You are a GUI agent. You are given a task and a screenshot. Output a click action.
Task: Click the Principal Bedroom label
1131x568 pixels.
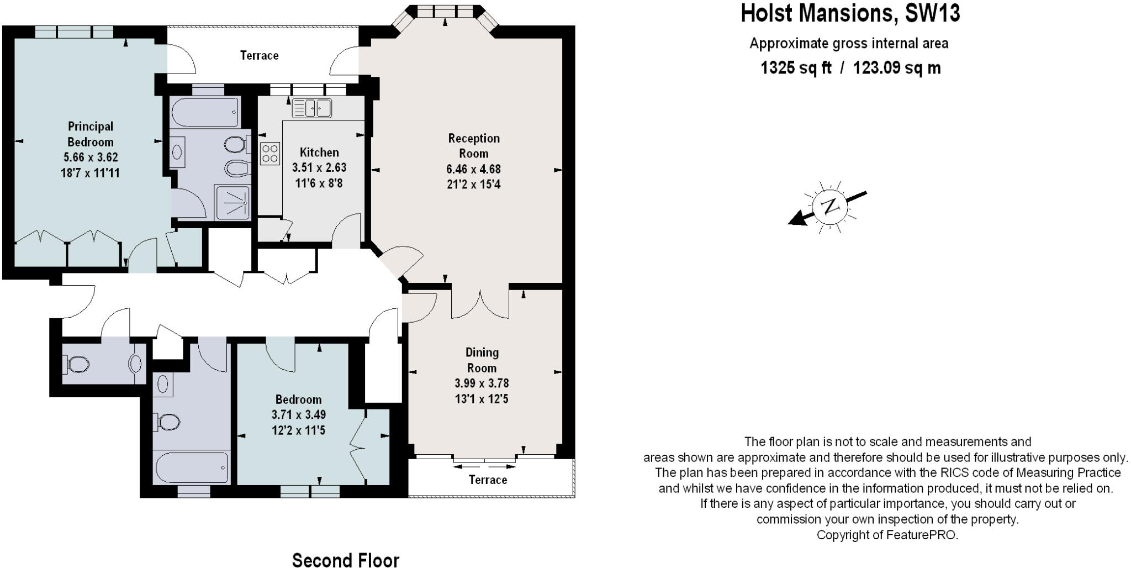tap(91, 134)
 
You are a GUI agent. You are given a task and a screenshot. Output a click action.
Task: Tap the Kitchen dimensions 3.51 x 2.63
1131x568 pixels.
tap(319, 167)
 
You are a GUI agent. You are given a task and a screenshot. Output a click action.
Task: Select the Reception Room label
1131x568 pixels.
tap(473, 146)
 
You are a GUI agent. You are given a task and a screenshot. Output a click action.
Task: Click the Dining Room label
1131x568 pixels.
tap(482, 360)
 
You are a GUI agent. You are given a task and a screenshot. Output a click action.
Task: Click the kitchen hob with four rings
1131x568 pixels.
tap(270, 153)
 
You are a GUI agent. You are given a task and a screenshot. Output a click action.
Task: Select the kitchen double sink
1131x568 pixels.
tap(311, 108)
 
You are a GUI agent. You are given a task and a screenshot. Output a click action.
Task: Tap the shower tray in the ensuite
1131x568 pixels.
tap(232, 203)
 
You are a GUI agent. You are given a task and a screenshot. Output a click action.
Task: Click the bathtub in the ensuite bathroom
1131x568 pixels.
tap(205, 112)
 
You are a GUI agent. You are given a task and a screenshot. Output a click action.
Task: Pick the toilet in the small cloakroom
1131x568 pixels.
tap(78, 364)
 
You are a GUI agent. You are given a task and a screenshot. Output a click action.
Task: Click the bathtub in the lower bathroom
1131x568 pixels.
tap(191, 468)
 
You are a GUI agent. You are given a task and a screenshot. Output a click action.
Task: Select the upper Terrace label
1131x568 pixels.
tap(259, 55)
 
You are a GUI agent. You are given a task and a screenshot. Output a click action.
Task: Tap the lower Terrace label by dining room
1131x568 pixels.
tap(488, 480)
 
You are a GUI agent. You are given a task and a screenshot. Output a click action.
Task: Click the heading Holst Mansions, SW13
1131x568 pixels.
tap(850, 13)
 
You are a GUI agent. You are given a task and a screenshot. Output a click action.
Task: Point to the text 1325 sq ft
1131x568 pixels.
tap(796, 68)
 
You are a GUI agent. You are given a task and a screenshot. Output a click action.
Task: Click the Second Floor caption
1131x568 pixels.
tap(345, 559)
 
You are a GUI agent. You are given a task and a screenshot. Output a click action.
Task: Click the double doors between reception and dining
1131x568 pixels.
tap(480, 303)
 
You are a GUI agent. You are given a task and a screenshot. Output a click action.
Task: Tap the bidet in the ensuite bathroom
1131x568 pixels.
tap(234, 167)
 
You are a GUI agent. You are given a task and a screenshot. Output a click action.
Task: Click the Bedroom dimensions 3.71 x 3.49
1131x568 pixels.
tap(298, 414)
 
